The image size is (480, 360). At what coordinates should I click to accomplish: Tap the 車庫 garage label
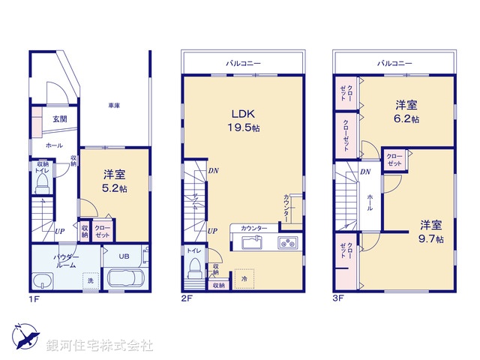115,106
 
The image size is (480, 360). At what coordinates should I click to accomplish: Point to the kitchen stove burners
288,241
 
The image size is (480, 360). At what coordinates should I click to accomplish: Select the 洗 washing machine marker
90,280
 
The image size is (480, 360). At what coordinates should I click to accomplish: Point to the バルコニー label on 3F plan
394,64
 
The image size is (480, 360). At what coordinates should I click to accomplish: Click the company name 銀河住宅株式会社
99,346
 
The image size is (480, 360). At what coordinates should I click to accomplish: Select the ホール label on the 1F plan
55,145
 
